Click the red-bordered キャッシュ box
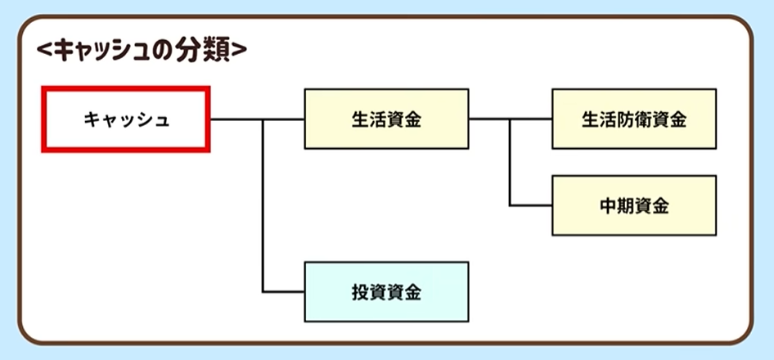[126, 119]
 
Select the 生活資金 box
[386, 119]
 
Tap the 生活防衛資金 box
[634, 119]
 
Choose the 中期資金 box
[634, 205]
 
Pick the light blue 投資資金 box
[386, 292]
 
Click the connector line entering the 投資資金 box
[284, 292]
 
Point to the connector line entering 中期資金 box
[531, 205]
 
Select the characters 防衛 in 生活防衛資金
[634, 119]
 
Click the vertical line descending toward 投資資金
[263, 213]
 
